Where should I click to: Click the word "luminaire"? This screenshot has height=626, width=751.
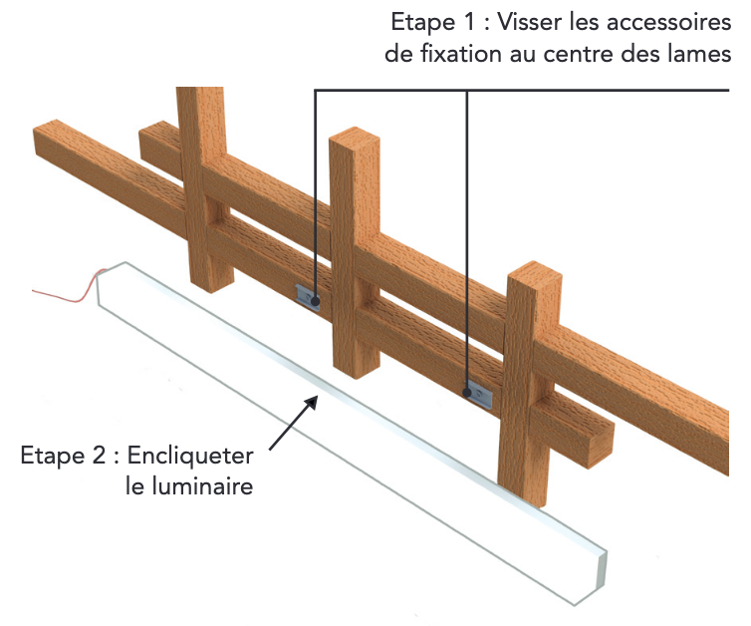point(203,487)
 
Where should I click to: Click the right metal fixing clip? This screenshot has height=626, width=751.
point(478,395)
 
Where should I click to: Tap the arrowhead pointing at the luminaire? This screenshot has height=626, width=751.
point(314,401)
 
